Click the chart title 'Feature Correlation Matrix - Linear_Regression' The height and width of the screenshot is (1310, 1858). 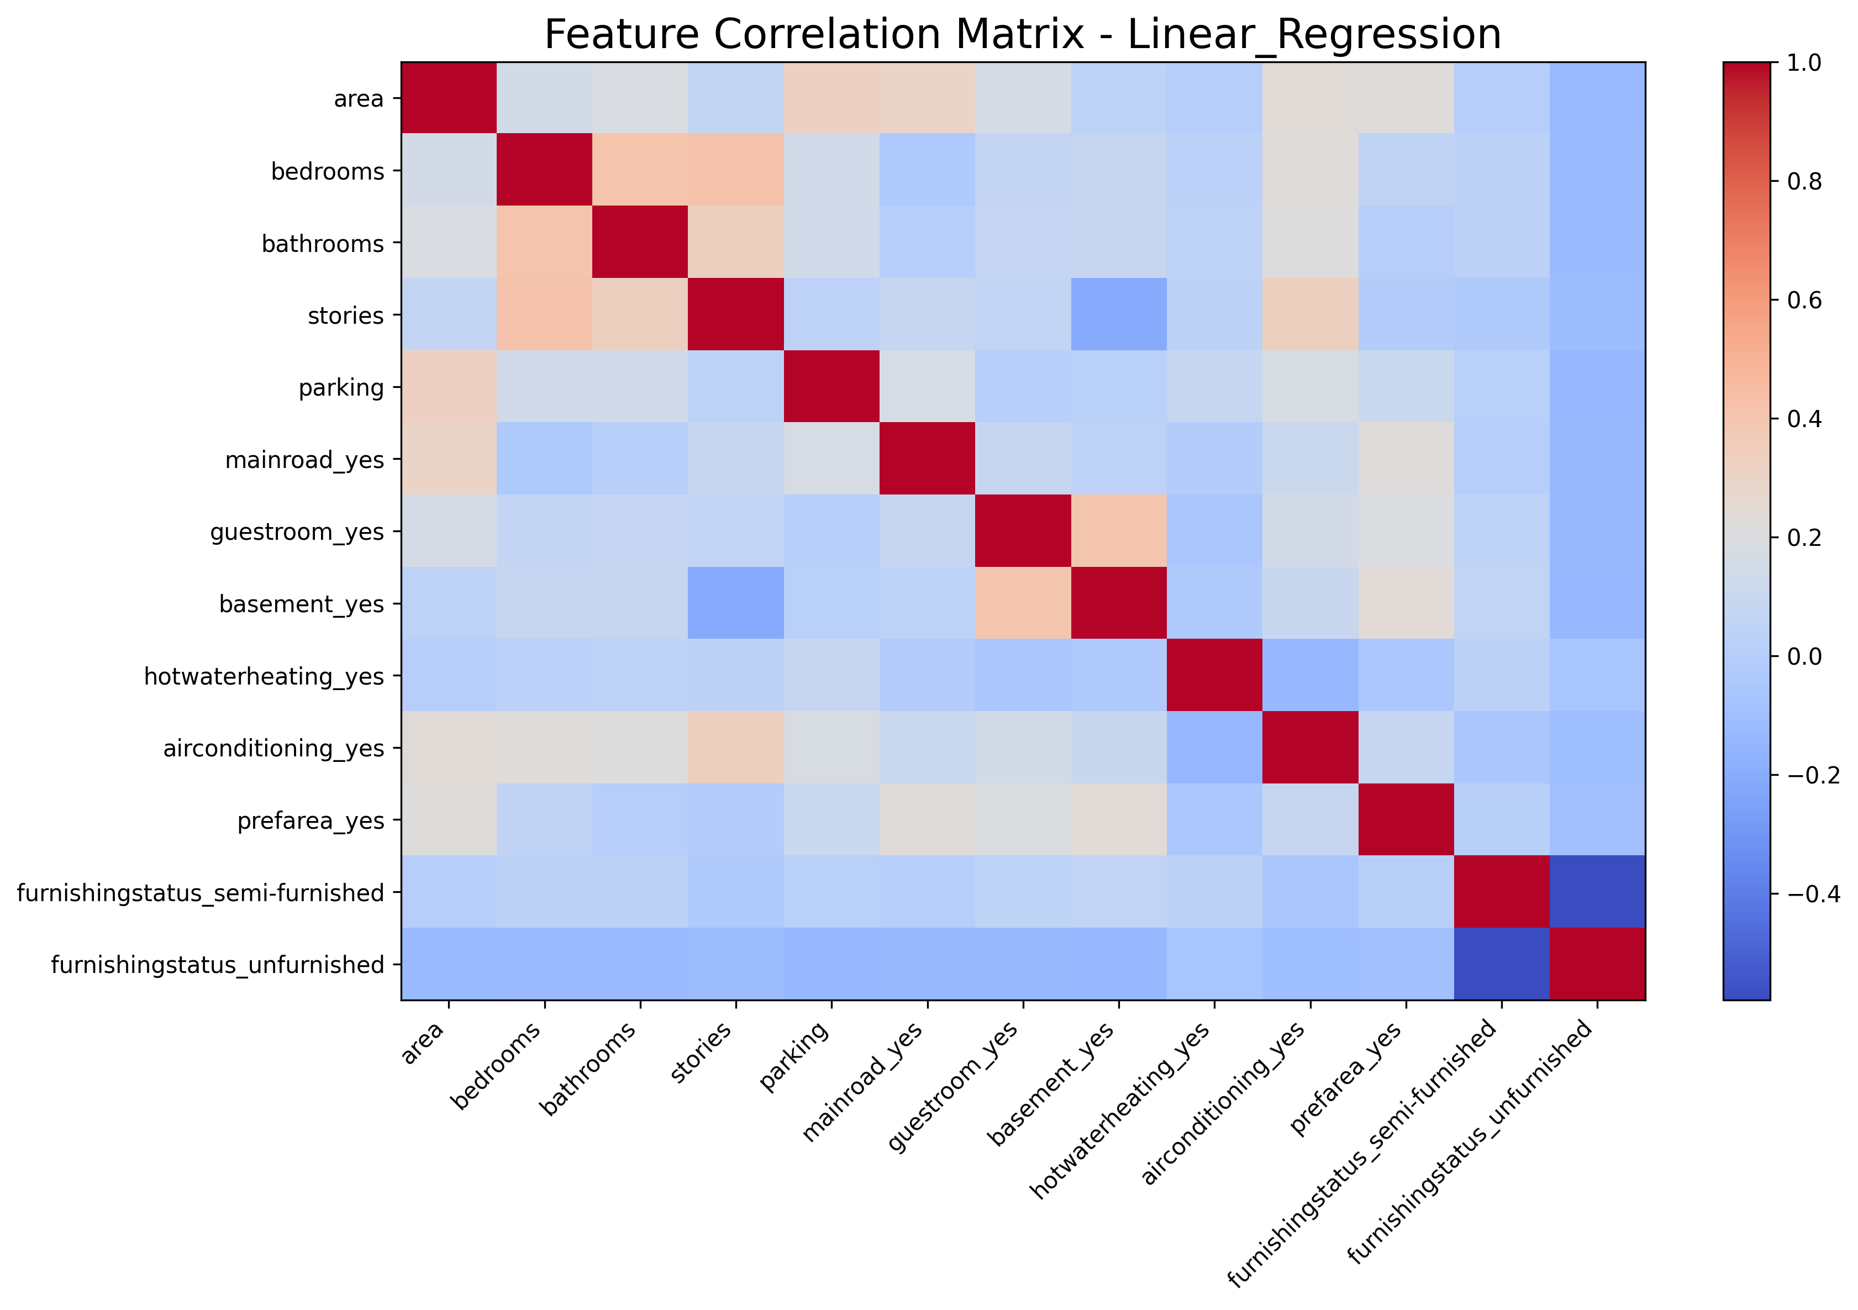click(1022, 35)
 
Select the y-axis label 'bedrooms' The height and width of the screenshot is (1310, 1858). click(327, 171)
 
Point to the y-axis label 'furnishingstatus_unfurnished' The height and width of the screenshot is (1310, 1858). click(217, 965)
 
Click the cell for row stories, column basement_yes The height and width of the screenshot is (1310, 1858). click(1118, 315)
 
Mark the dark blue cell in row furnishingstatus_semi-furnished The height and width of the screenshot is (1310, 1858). click(1597, 892)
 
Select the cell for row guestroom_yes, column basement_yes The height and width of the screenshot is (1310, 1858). click(1118, 532)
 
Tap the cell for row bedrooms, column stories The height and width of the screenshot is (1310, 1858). click(735, 170)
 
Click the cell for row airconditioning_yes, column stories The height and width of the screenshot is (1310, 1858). click(735, 748)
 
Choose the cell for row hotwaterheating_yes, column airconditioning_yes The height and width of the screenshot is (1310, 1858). click(1310, 676)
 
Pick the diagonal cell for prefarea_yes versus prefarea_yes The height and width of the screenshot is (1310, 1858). click(1406, 820)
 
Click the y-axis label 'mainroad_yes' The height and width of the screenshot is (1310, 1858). click(304, 460)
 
